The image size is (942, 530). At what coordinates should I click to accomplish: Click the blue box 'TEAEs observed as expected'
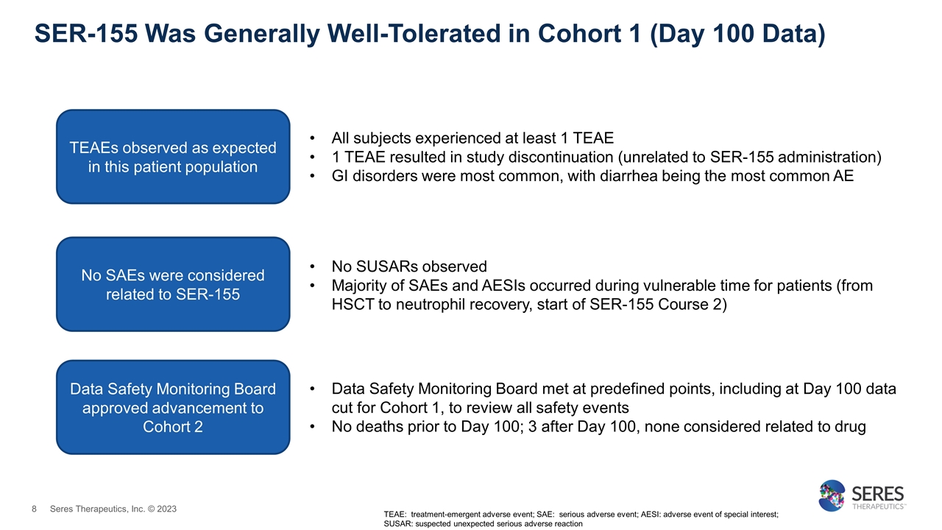[173, 156]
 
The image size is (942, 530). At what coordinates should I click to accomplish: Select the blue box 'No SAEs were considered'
[173, 284]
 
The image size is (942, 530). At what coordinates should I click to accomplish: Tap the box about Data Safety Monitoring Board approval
[173, 407]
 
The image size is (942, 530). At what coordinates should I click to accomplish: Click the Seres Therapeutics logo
[861, 495]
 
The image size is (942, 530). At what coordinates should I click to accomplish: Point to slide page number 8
[34, 509]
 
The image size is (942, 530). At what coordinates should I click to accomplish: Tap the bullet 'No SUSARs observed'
[409, 266]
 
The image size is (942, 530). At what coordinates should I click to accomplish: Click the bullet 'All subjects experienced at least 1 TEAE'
[472, 138]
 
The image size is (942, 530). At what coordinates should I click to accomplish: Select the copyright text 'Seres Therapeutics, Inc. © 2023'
[113, 509]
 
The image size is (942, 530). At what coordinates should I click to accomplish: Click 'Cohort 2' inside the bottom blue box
[173, 427]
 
